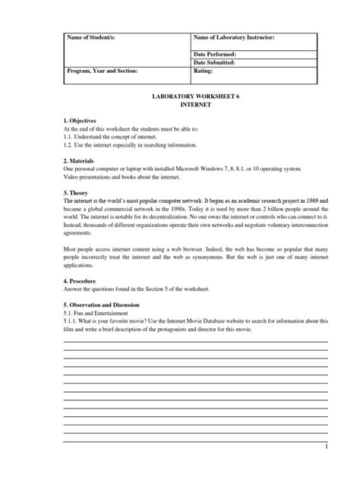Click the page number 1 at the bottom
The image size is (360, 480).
click(x=325, y=449)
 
